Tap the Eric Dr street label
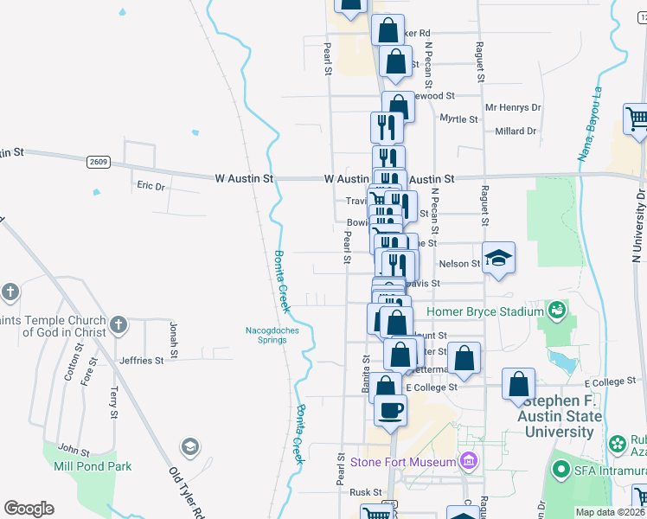pyautogui.click(x=151, y=185)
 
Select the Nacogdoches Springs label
pyautogui.click(x=266, y=334)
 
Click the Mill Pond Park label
pyautogui.click(x=92, y=466)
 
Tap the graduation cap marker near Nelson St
pyautogui.click(x=498, y=258)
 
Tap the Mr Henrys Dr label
pyautogui.click(x=513, y=108)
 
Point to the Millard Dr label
pyautogui.click(x=516, y=131)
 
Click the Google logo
pyautogui.click(x=29, y=509)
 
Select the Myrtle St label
pyautogui.click(x=459, y=118)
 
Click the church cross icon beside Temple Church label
pyautogui.click(x=119, y=325)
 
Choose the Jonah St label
pyautogui.click(x=173, y=340)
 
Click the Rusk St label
pyautogui.click(x=360, y=492)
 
